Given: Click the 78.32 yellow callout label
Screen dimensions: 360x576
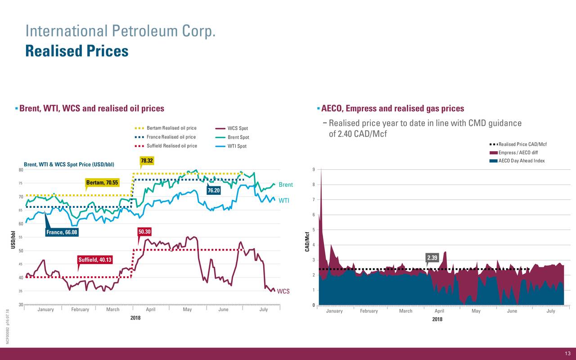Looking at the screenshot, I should (x=147, y=161).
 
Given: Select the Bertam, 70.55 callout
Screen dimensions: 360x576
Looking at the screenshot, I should (x=102, y=183).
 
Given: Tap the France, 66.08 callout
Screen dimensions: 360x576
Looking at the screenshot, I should (x=62, y=232).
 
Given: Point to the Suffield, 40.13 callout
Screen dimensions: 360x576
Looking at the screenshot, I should (x=95, y=260).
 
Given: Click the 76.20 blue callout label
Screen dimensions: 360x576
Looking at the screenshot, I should (x=214, y=190).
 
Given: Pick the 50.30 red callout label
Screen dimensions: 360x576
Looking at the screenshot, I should (x=145, y=232).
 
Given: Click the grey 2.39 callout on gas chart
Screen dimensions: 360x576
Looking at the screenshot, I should (x=432, y=258).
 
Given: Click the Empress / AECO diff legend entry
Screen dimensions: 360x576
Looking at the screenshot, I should (x=518, y=153).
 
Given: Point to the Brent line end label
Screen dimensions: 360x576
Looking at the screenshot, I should (x=286, y=185).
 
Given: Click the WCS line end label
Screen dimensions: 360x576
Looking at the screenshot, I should (x=283, y=291).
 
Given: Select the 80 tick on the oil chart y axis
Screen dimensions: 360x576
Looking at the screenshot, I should (x=21, y=170).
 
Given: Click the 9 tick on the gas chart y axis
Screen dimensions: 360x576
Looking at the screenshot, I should (x=313, y=170).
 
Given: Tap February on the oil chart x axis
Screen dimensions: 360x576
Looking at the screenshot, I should (x=80, y=310).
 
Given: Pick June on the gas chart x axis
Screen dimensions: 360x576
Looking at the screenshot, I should (x=512, y=311).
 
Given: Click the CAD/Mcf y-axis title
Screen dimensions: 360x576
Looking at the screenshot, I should (x=307, y=241).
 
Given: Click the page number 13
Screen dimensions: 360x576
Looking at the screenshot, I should (x=567, y=353).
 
